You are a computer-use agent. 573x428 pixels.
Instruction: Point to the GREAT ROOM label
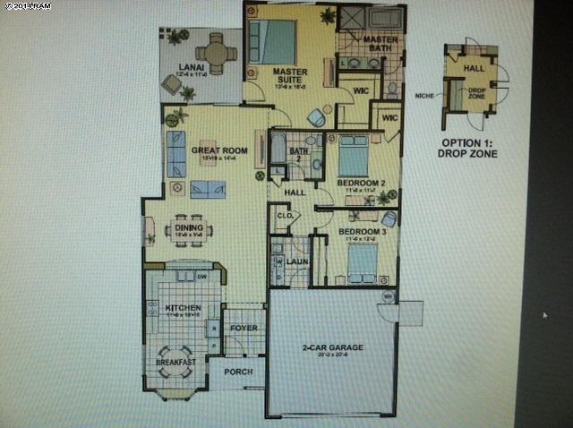tap(212, 150)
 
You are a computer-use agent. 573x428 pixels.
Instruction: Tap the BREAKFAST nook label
tap(175, 361)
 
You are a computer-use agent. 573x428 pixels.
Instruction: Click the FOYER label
tap(244, 328)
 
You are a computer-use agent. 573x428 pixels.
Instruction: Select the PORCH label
tap(238, 372)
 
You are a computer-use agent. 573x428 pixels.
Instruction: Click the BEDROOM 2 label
tap(360, 184)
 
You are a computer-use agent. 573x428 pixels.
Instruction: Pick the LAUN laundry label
tap(295, 261)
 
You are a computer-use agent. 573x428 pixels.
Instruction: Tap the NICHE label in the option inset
tap(426, 92)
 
